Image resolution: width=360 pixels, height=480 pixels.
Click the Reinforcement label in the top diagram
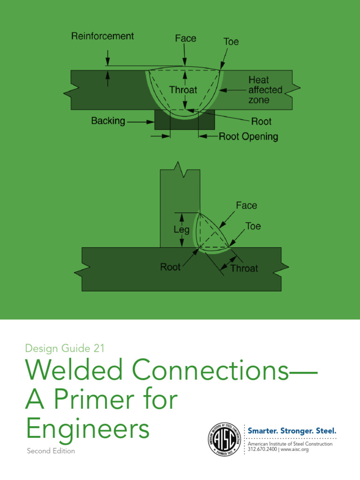pyautogui.click(x=102, y=36)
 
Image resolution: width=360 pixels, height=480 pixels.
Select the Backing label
pyautogui.click(x=108, y=121)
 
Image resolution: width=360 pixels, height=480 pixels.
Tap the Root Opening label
pyautogui.click(x=248, y=136)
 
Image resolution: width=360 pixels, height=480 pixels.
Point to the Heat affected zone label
pyautogui.click(x=265, y=90)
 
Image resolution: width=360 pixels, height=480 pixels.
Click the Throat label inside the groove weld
pyautogui.click(x=183, y=90)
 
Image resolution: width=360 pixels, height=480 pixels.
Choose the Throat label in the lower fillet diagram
pyautogui.click(x=244, y=268)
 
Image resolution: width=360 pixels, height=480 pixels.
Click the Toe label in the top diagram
pyautogui.click(x=231, y=42)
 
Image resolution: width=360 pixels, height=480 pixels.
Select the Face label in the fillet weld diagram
pyautogui.click(x=246, y=205)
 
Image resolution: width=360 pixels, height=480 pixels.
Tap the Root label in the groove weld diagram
pyautogui.click(x=261, y=121)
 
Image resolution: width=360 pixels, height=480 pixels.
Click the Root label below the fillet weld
pyautogui.click(x=170, y=267)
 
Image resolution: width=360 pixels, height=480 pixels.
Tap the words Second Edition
pyautogui.click(x=51, y=451)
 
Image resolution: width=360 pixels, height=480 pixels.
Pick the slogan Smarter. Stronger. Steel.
pyautogui.click(x=292, y=430)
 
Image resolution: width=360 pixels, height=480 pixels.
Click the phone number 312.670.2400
pyautogui.click(x=262, y=449)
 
